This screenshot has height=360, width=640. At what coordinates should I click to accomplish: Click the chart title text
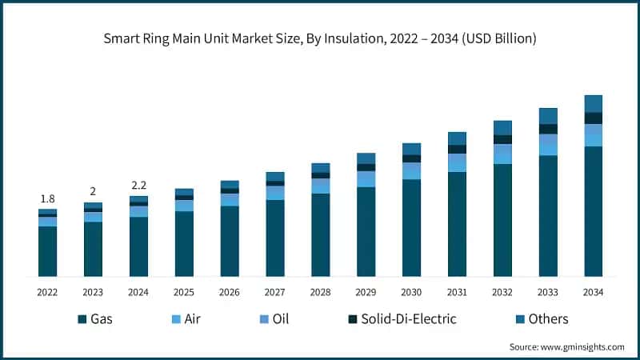point(320,38)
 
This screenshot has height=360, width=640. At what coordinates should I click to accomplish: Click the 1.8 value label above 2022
point(47,198)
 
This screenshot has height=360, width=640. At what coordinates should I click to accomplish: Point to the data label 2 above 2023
point(93,191)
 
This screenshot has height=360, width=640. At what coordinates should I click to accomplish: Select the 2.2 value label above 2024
point(138,185)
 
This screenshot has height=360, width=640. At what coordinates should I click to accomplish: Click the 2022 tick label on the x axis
point(47,292)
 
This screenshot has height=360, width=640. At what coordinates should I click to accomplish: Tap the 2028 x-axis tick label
point(320,292)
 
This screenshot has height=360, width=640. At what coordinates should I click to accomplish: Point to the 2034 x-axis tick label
point(593,292)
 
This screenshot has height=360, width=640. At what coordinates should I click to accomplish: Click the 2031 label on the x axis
point(457,292)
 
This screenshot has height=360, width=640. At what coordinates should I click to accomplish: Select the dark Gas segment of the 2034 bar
point(593,212)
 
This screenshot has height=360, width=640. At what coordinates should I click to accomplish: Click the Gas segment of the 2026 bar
point(230,241)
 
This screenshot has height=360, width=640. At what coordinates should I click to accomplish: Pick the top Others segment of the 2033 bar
point(548,116)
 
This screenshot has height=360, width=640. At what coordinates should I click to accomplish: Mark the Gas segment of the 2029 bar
point(366,232)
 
